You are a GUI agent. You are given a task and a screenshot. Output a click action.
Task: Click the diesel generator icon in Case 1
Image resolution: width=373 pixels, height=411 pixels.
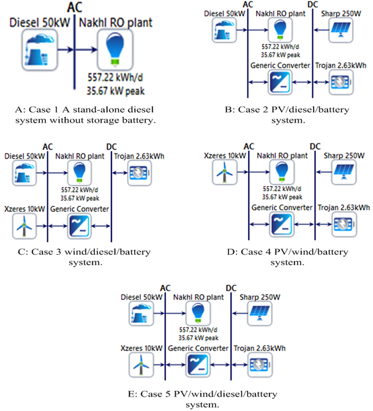(39, 47)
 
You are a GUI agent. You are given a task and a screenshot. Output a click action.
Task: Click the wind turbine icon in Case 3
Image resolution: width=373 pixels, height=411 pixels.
(24, 227)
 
